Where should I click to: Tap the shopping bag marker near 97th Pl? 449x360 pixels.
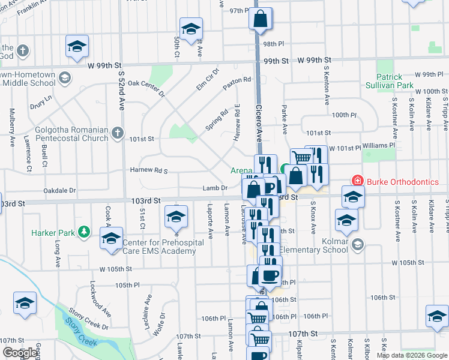261,19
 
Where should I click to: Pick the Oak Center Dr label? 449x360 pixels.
146,88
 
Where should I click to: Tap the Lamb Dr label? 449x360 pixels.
214,188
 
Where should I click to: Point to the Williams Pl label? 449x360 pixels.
379,145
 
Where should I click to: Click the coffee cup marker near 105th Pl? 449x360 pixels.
270,275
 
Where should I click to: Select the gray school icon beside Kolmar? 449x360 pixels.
358,244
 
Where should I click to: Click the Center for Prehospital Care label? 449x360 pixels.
159,247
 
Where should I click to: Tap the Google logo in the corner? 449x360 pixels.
20,353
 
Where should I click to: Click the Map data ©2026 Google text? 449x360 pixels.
412,355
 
